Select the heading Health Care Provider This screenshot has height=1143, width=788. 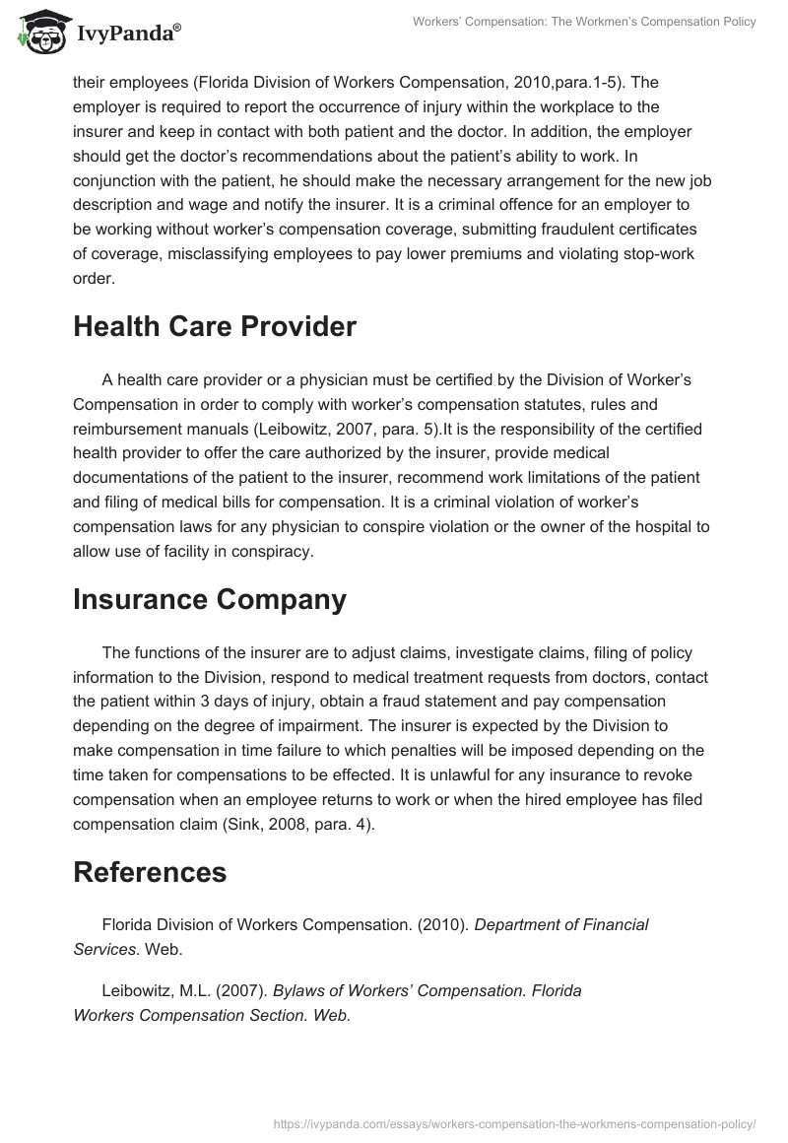pos(215,328)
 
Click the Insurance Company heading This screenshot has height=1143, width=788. pos(210,598)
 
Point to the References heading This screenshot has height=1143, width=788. pos(150,871)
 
